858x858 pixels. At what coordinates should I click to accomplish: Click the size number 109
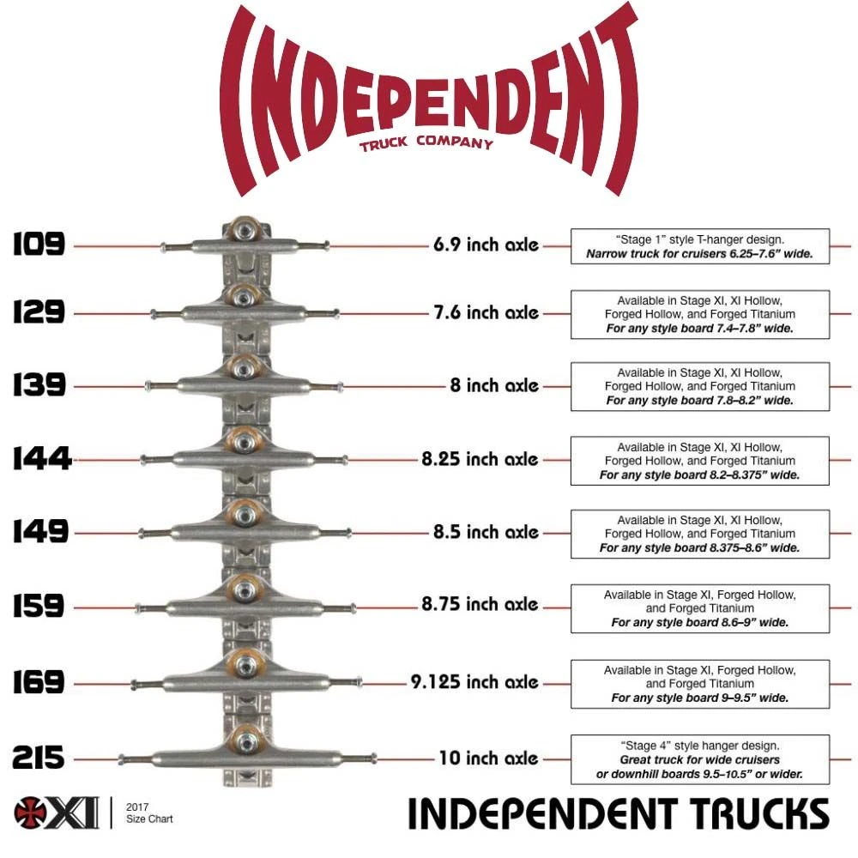[39, 244]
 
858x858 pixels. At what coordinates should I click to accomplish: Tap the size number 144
[42, 458]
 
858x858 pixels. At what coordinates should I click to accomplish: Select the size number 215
[39, 758]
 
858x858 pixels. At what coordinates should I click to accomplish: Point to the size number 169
[39, 682]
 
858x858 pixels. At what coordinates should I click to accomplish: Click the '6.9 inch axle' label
[486, 245]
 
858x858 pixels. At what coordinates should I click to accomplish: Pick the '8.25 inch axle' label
[480, 458]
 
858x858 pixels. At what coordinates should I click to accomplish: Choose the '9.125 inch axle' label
[474, 682]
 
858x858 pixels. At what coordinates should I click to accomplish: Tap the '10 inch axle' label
[489, 758]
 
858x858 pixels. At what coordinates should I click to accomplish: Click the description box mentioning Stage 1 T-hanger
[700, 246]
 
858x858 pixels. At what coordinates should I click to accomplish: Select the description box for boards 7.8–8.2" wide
[700, 386]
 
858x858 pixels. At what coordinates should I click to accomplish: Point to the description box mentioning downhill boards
[700, 759]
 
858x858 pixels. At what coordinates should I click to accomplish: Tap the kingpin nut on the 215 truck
[247, 742]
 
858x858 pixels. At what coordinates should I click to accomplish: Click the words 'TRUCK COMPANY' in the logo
[426, 142]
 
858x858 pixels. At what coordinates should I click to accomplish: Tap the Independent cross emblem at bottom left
[32, 812]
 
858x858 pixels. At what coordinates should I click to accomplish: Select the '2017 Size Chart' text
[148, 813]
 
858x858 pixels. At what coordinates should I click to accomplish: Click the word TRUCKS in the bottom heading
[758, 813]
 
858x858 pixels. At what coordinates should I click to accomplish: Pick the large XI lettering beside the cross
[74, 813]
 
